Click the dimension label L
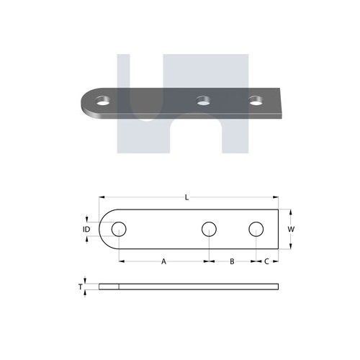pyautogui.click(x=186, y=197)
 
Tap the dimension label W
pyautogui.click(x=291, y=229)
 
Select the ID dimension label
pyautogui.click(x=86, y=229)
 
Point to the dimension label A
pyautogui.click(x=163, y=261)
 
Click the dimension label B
pyautogui.click(x=232, y=261)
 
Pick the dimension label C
pyautogui.click(x=266, y=261)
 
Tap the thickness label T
pyautogui.click(x=81, y=287)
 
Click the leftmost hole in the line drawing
pyautogui.click(x=119, y=229)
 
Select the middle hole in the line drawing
pyautogui.click(x=209, y=229)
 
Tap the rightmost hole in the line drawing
pyautogui.click(x=256, y=229)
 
